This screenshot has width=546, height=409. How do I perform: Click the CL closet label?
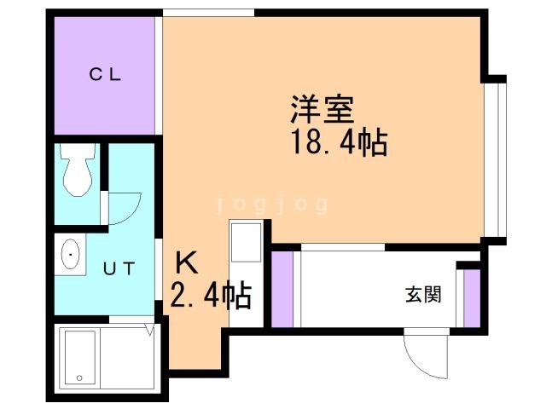pyautogui.click(x=107, y=73)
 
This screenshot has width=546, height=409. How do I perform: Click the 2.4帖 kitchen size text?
pyautogui.click(x=211, y=296)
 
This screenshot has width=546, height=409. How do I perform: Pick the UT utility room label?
pyautogui.click(x=119, y=269)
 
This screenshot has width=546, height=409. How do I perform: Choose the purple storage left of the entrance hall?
pyautogui.click(x=282, y=288)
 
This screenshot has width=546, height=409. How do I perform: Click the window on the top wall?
pyautogui.click(x=208, y=12)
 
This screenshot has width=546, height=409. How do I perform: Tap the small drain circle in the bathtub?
pyautogui.click(x=78, y=376)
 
